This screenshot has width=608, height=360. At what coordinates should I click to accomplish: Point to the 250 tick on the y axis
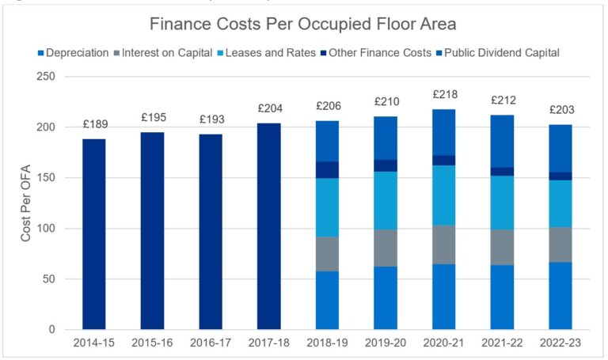point(47,77)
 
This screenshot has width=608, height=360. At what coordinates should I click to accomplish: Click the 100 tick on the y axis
point(47,229)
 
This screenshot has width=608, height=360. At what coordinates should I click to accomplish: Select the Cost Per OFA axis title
point(26,203)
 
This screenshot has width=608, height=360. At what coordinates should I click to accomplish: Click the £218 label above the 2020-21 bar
point(444,94)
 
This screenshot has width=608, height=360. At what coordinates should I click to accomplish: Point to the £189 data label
point(94,123)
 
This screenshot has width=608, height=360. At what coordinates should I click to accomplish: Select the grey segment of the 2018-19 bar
point(327,254)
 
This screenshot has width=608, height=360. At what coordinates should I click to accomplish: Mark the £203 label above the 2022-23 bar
point(560,109)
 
